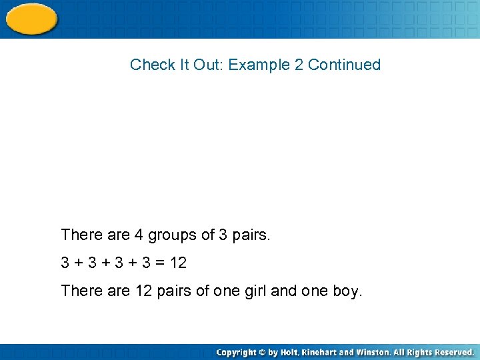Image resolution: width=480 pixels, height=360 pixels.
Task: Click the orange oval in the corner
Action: coord(31,19)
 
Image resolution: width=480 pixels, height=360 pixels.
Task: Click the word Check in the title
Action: coord(147,65)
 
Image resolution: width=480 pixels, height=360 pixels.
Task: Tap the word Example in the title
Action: coord(258,65)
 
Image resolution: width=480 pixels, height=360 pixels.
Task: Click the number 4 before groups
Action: coord(139,235)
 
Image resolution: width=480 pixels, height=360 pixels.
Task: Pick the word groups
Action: coord(172,235)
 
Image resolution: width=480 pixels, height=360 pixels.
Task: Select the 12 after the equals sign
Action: coord(178,263)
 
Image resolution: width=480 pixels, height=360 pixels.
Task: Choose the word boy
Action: coord(345,291)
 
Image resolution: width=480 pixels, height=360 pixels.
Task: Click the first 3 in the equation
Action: coord(65,263)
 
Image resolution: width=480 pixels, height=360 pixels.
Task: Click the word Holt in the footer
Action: coord(289,352)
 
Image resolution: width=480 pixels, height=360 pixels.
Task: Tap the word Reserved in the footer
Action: coord(451,352)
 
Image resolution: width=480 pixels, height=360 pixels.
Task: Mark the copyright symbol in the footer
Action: coord(263,352)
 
